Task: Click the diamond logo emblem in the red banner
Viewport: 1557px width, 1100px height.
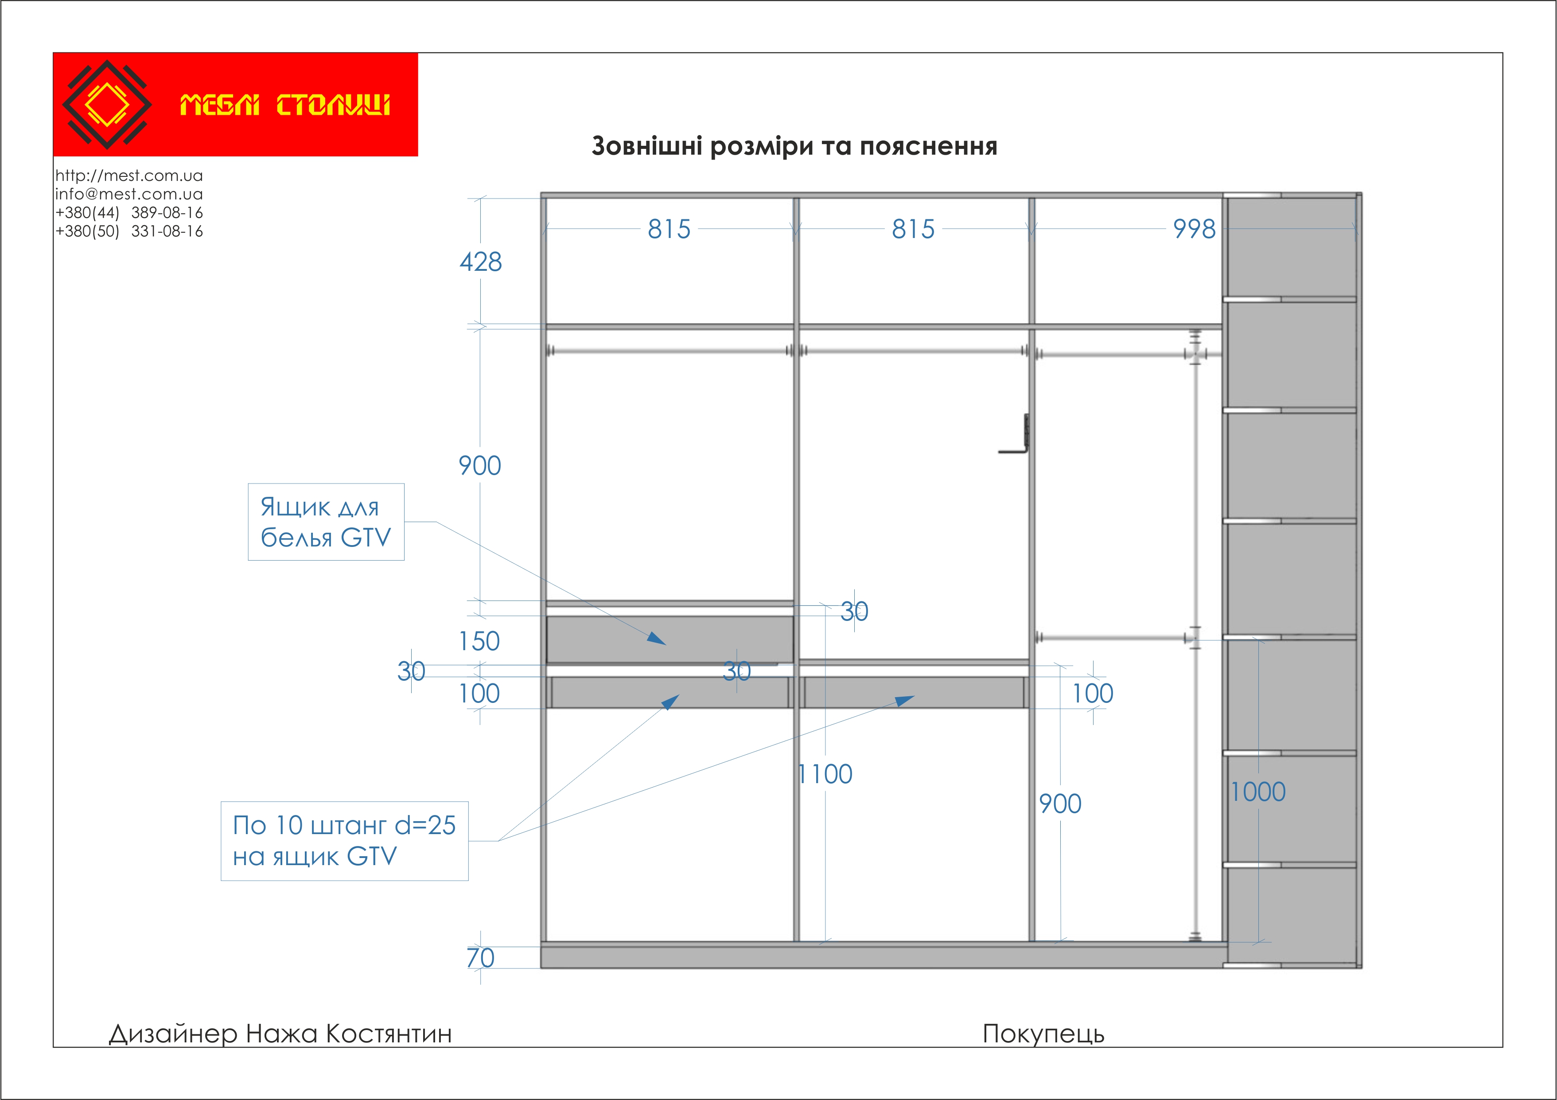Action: click(106, 105)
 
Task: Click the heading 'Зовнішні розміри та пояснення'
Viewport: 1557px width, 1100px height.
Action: click(794, 146)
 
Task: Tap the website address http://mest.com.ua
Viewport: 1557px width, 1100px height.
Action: click(129, 176)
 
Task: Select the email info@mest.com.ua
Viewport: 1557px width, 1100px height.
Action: click(129, 194)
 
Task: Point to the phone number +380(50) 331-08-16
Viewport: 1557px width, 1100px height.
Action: click(129, 231)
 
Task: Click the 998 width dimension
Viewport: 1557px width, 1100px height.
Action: click(1194, 229)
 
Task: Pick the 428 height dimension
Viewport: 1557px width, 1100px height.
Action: click(480, 262)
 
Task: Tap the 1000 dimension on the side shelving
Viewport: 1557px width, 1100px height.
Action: click(1258, 792)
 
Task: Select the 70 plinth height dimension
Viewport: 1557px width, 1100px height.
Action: click(480, 958)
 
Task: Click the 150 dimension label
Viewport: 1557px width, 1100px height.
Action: click(479, 641)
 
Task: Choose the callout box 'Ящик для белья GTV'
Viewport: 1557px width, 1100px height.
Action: click(326, 522)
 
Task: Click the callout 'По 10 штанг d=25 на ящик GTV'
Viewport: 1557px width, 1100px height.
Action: click(344, 841)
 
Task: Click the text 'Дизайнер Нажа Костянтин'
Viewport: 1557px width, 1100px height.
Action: click(280, 1034)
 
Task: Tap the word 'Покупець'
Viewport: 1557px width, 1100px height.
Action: click(1043, 1034)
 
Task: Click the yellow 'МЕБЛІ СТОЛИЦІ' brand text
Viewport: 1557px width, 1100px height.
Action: click(285, 105)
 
